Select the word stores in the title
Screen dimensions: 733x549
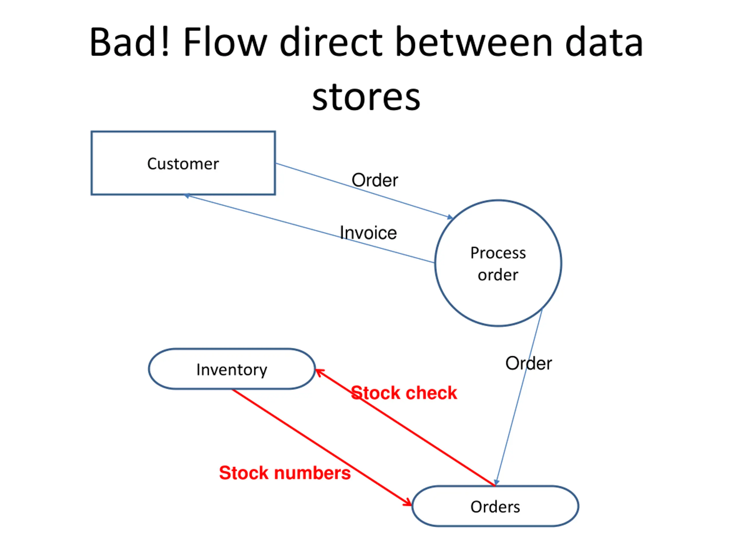tap(366, 97)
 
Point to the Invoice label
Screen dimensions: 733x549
tap(368, 233)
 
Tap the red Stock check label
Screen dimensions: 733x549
tap(404, 393)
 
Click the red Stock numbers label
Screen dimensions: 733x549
tap(285, 473)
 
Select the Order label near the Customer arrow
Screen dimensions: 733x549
tap(375, 180)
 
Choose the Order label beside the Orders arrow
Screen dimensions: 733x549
tap(529, 363)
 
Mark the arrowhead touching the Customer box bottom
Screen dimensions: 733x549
tap(187, 196)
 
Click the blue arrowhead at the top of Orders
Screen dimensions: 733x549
tap(496, 482)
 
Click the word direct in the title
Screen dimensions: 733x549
tap(331, 42)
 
